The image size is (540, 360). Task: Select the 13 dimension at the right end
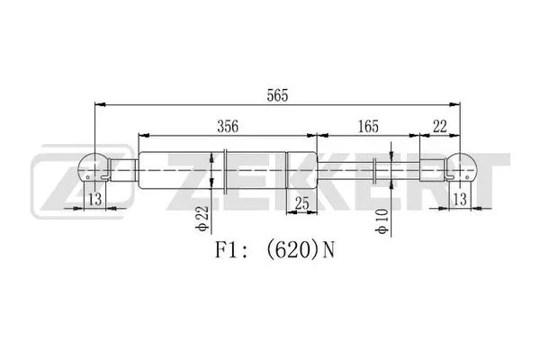click(x=461, y=197)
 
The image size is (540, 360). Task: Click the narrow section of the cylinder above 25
click(x=301, y=169)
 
